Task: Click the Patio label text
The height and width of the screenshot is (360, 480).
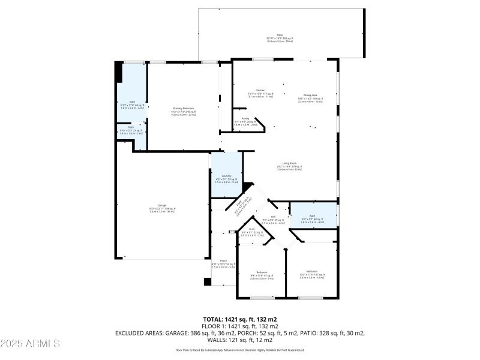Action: click(280, 35)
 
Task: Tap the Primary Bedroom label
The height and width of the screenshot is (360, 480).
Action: click(184, 109)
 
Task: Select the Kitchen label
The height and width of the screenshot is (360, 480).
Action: click(260, 90)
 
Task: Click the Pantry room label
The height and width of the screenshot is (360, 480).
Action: click(245, 119)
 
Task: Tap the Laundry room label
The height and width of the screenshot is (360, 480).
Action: click(226, 176)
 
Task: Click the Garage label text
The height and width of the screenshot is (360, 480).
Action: click(162, 205)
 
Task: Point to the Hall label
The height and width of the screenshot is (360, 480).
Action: click(273, 217)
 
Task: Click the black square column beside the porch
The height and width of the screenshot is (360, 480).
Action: click(208, 281)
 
